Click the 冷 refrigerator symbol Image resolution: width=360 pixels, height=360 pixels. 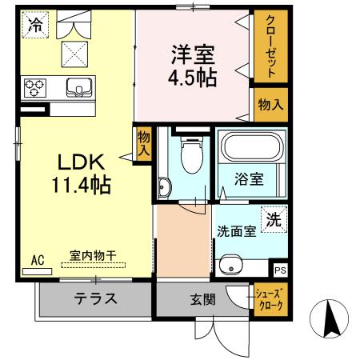(x=34, y=26)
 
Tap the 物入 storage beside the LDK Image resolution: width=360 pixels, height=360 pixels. (x=144, y=145)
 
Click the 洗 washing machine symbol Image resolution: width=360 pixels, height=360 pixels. (x=273, y=218)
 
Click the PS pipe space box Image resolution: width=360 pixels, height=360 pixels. (x=279, y=271)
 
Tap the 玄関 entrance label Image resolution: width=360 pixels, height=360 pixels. (x=201, y=301)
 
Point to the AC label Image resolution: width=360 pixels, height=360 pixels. (x=38, y=260)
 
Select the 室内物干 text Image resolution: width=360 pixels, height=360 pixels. (x=92, y=256)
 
